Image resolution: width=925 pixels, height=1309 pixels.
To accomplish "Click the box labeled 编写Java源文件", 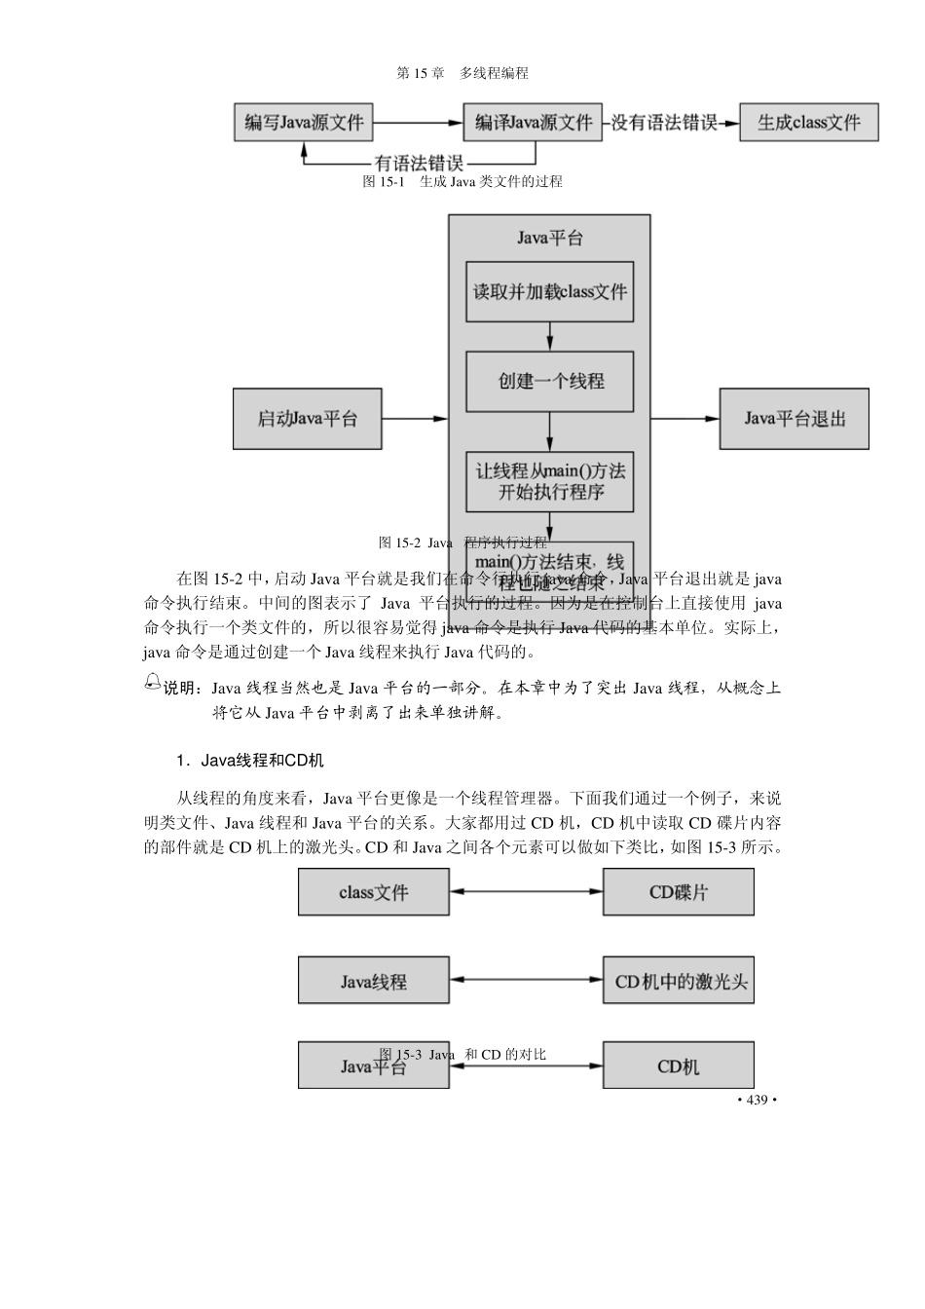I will tap(304, 123).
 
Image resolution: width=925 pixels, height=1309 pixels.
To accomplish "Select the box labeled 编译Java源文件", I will tap(533, 123).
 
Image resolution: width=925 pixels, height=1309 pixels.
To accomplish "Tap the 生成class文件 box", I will tap(809, 123).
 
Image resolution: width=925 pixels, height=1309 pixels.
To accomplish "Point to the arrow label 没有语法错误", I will tap(664, 123).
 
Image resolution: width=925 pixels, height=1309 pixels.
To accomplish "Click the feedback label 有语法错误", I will tap(419, 163).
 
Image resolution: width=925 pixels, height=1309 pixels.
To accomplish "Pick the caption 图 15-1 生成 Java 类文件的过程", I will tap(462, 181).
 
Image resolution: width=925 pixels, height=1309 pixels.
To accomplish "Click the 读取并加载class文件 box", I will tap(550, 291).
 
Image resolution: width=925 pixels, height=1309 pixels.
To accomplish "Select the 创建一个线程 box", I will tap(550, 381).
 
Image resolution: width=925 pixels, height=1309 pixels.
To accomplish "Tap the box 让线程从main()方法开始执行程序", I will tap(550, 481).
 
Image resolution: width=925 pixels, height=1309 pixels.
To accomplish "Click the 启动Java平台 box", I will tap(307, 419).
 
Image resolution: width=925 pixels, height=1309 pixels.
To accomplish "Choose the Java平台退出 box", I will tap(795, 419).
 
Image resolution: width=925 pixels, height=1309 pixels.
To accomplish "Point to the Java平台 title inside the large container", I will tap(550, 238).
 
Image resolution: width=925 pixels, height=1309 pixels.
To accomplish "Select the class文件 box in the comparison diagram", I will tap(374, 892).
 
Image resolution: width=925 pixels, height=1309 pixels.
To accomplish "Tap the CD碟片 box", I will tap(679, 892).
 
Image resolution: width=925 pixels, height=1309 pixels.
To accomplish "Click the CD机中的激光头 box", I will tap(679, 981).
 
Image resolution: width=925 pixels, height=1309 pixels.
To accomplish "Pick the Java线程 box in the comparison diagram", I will tap(374, 981).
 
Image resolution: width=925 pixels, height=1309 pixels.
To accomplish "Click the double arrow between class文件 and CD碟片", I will tap(526, 891).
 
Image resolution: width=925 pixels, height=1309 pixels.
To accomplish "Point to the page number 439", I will tap(757, 1100).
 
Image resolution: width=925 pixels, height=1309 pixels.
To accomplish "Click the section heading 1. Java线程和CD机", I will tap(250, 760).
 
